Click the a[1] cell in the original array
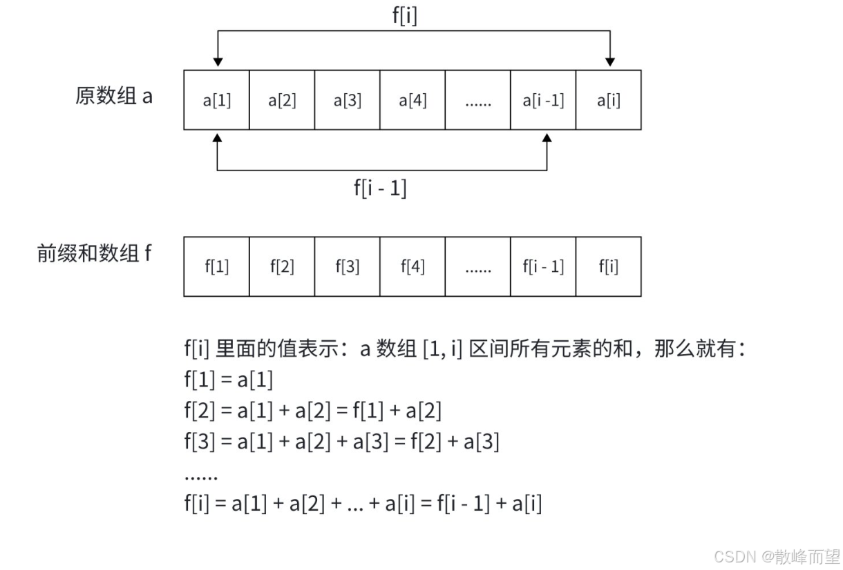pyautogui.click(x=216, y=100)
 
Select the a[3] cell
pyautogui.click(x=347, y=100)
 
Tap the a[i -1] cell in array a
pyautogui.click(x=543, y=100)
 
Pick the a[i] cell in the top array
pyautogui.click(x=608, y=100)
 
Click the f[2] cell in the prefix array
pyautogui.click(x=281, y=267)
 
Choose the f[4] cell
pyautogui.click(x=413, y=267)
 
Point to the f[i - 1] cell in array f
pyautogui.click(x=543, y=267)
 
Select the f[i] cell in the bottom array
pyautogui.click(x=608, y=267)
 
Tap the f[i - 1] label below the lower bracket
pyautogui.click(x=380, y=187)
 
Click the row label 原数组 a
pyautogui.click(x=114, y=96)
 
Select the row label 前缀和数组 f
pyautogui.click(x=94, y=254)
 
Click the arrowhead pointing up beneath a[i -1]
pyautogui.click(x=547, y=138)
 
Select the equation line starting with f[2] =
pyautogui.click(x=312, y=411)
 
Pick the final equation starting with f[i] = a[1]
pyautogui.click(x=363, y=504)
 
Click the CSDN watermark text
pyautogui.click(x=777, y=557)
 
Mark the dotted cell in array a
pyautogui.click(x=477, y=100)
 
